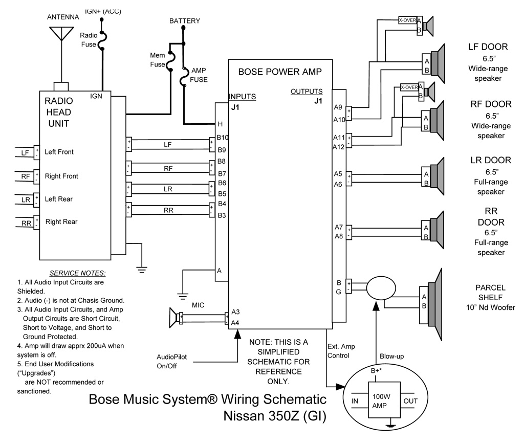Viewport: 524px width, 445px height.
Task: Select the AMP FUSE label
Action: pyautogui.click(x=199, y=75)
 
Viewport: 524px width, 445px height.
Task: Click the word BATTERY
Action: pyautogui.click(x=185, y=21)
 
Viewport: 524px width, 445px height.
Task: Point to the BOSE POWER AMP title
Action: pyautogui.click(x=279, y=72)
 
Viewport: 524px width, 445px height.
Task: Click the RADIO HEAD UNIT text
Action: pyautogui.click(x=58, y=112)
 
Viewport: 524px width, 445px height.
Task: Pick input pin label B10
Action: pyautogui.click(x=223, y=138)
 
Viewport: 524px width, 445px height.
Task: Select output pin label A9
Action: pyautogui.click(x=338, y=107)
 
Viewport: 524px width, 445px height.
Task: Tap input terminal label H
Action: pyautogui.click(x=220, y=124)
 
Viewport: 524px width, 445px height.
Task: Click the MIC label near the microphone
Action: pyautogui.click(x=199, y=305)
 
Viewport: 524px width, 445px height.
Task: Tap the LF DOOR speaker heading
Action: pyautogui.click(x=488, y=47)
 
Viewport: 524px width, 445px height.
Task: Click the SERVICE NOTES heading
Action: pyautogui.click(x=77, y=273)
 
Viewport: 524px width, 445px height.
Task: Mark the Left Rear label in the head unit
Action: pyautogui.click(x=59, y=199)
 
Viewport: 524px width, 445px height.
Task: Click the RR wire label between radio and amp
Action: pyautogui.click(x=168, y=210)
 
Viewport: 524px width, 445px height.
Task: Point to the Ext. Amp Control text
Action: pyautogui.click(x=338, y=351)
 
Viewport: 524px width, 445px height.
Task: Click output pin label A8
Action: pyautogui.click(x=338, y=236)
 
